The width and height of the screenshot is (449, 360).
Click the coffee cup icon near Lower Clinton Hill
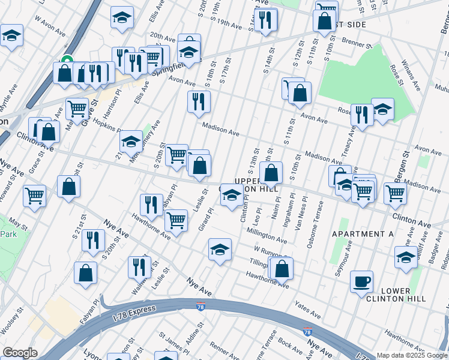(x=361, y=282)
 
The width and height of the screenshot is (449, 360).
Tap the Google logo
(x=20, y=353)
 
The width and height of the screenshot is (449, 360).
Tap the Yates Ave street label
(x=307, y=309)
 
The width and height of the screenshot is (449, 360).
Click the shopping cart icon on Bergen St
(x=395, y=193)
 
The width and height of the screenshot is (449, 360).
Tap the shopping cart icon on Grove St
(x=77, y=109)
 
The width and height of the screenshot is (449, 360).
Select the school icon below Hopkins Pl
(x=131, y=142)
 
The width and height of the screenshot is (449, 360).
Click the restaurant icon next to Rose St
(x=362, y=114)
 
